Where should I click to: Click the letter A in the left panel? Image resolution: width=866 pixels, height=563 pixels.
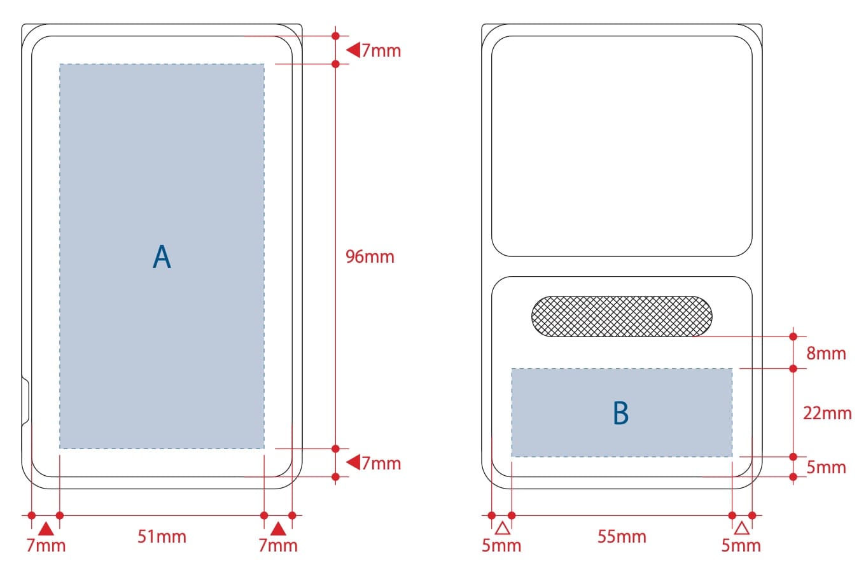pyautogui.click(x=162, y=257)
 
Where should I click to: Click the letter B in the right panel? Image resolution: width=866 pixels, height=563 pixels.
pyautogui.click(x=620, y=414)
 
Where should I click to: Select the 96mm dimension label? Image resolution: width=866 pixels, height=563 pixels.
pyautogui.click(x=370, y=257)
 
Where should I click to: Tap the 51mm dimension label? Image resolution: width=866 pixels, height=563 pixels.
pyautogui.click(x=162, y=536)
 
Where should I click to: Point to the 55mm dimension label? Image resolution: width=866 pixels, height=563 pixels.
pyautogui.click(x=622, y=536)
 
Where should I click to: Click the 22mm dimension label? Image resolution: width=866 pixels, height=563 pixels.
pyautogui.click(x=827, y=413)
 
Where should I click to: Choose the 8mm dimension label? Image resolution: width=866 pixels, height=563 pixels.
pyautogui.click(x=826, y=353)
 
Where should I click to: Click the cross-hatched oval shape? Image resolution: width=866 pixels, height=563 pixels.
pyautogui.click(x=622, y=316)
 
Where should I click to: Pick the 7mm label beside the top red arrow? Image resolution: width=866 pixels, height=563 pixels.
pyautogui.click(x=381, y=50)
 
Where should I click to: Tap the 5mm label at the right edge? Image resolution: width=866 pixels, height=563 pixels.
pyautogui.click(x=826, y=468)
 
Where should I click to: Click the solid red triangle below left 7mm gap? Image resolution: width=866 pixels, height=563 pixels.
pyautogui.click(x=46, y=528)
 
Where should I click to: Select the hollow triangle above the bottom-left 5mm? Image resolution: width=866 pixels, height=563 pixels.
pyautogui.click(x=502, y=527)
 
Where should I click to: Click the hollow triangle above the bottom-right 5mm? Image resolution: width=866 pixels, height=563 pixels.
pyautogui.click(x=742, y=527)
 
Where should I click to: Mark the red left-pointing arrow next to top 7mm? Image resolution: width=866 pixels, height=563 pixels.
pyautogui.click(x=353, y=50)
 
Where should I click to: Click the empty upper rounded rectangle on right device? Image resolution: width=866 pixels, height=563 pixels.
pyautogui.click(x=622, y=146)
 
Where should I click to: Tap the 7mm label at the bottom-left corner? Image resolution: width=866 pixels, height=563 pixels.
pyautogui.click(x=46, y=545)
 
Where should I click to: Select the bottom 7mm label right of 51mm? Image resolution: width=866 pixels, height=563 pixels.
pyautogui.click(x=278, y=545)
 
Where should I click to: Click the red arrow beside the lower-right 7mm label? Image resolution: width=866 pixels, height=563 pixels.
pyautogui.click(x=353, y=462)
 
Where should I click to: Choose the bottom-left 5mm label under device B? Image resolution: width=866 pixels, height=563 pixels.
pyautogui.click(x=502, y=545)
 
